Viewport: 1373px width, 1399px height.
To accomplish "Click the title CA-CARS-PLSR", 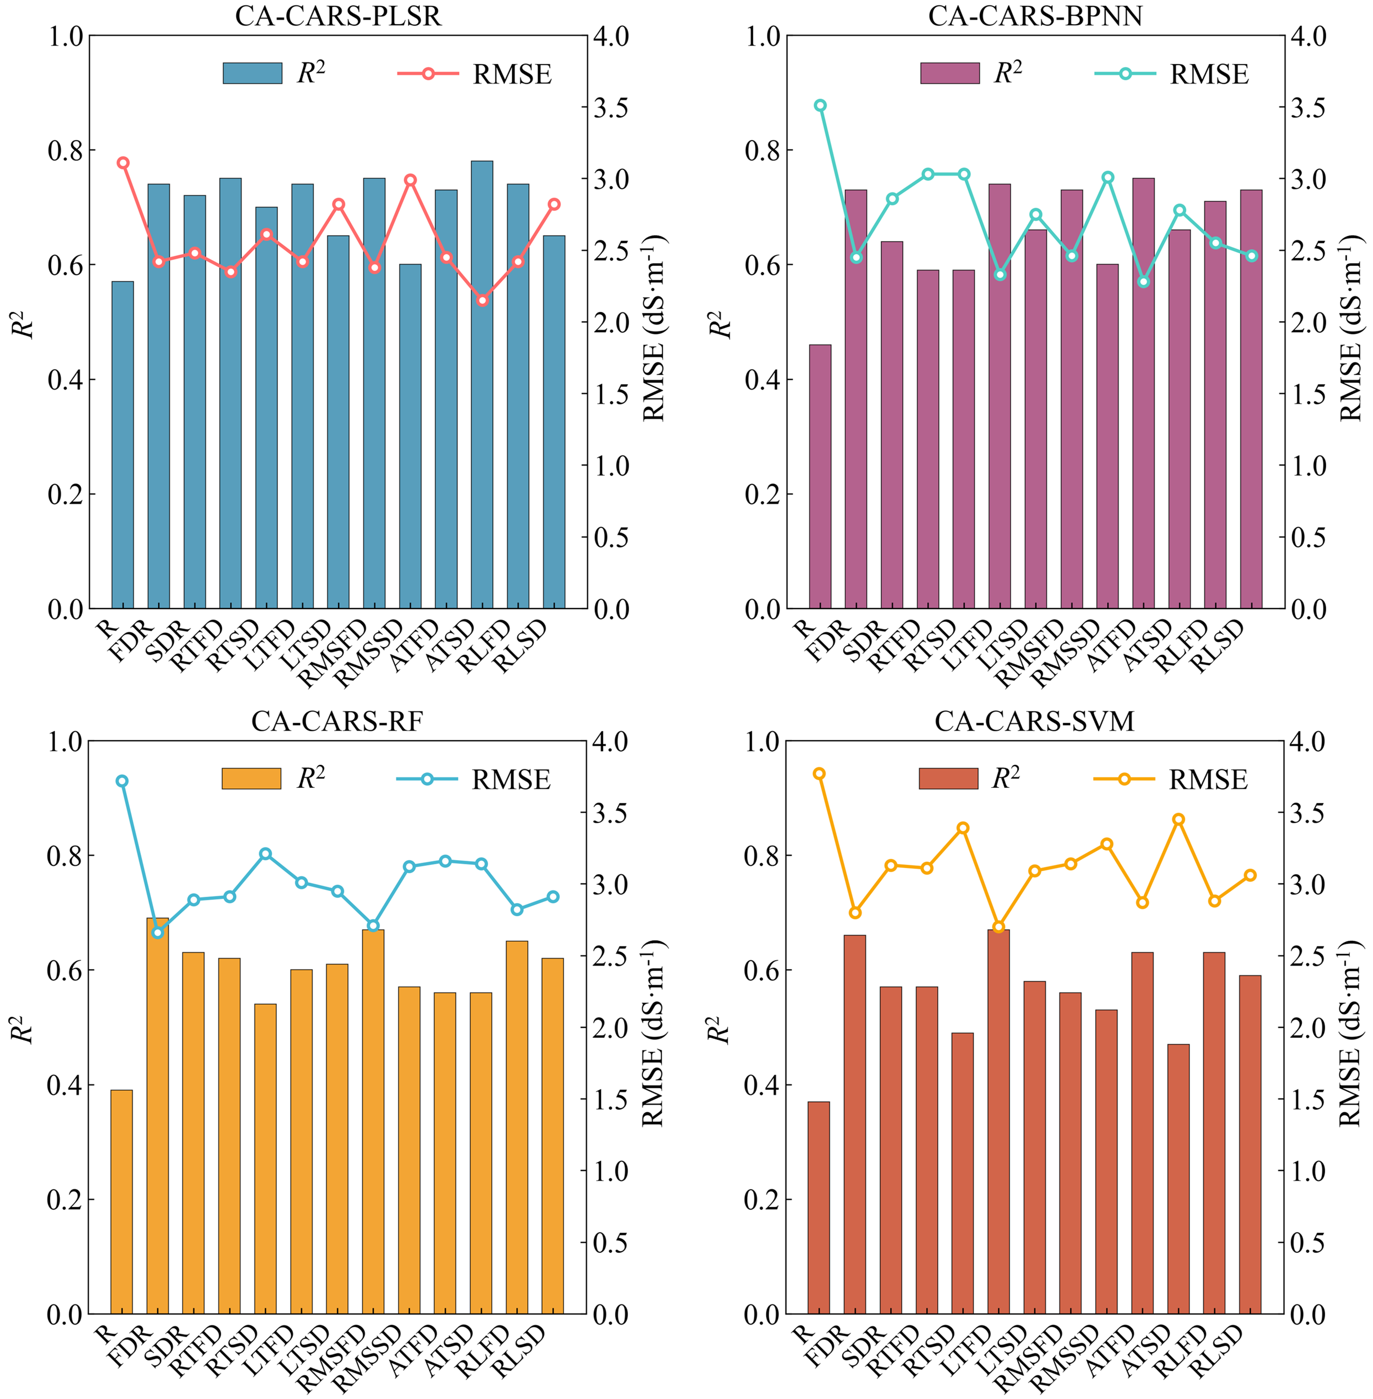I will coord(338,16).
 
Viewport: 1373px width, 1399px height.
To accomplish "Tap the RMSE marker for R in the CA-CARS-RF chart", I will coord(122,781).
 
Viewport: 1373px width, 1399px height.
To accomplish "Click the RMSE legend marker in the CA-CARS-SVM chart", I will coord(1123,779).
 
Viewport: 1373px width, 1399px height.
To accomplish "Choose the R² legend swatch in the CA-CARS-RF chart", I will coord(251,779).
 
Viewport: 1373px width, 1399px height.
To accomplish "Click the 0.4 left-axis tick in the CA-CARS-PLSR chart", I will coord(66,380).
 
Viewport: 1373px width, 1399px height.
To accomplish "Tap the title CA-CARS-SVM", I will coord(1034,721).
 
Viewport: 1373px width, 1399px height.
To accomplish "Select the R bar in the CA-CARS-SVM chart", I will coord(818,1209).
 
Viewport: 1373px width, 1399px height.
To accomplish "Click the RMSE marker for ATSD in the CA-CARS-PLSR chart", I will coord(482,300).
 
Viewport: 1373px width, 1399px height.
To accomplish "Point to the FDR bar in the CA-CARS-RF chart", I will coord(157,1116).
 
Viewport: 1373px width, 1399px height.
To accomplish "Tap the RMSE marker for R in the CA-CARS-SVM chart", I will coord(818,774).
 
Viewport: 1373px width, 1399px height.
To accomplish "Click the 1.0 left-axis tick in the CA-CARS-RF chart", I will coord(65,741).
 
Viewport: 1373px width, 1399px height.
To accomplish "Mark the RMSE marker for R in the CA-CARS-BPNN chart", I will coord(820,105).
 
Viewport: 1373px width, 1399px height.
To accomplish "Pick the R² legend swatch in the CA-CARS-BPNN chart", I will coord(950,73).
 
